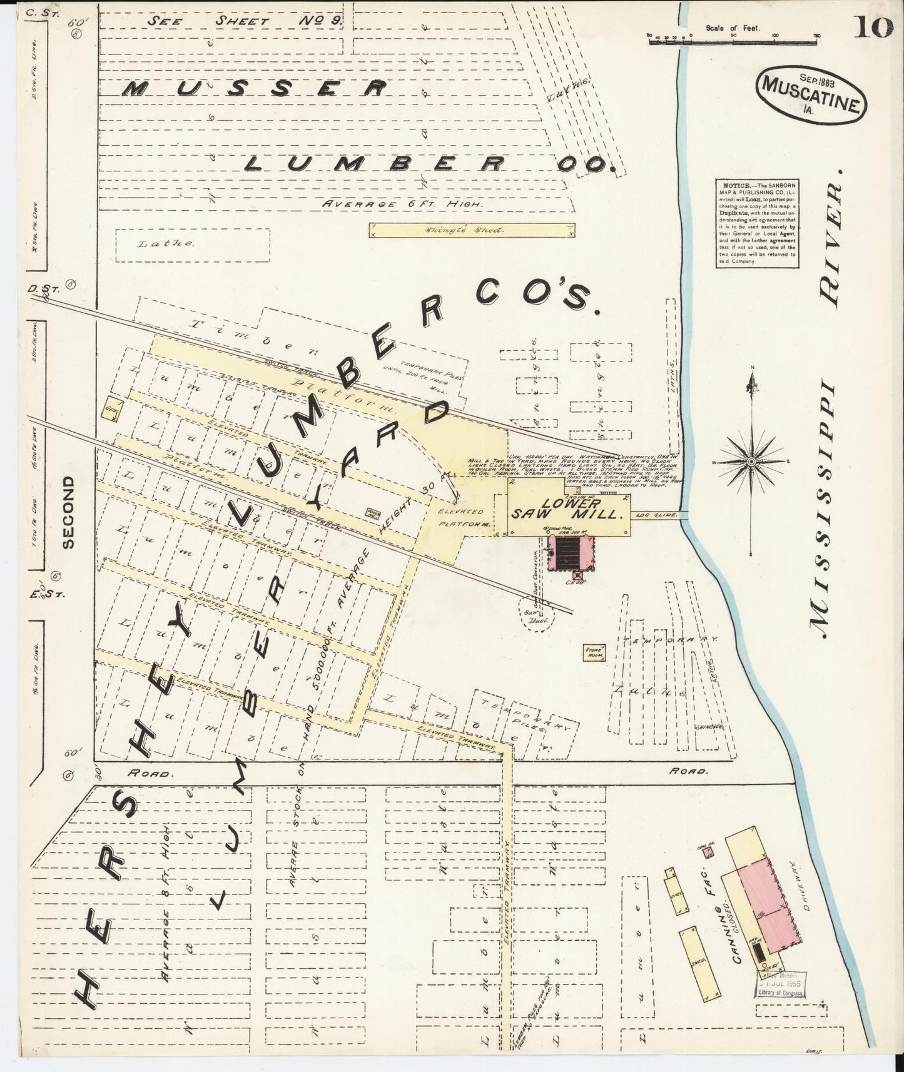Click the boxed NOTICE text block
click(x=756, y=223)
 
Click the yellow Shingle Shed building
click(x=473, y=230)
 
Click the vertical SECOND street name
click(x=69, y=512)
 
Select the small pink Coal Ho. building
click(x=708, y=852)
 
